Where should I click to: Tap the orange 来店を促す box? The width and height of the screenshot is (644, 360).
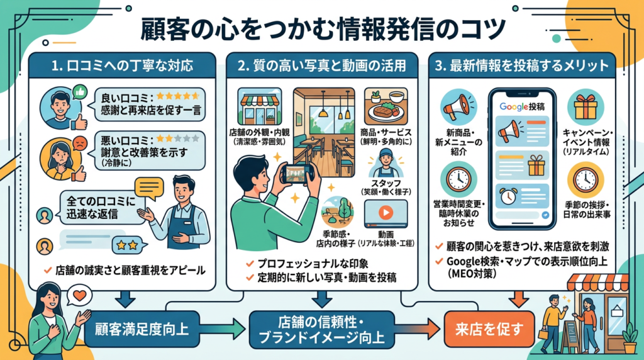[486, 328]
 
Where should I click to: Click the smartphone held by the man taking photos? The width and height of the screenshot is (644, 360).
[299, 174]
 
